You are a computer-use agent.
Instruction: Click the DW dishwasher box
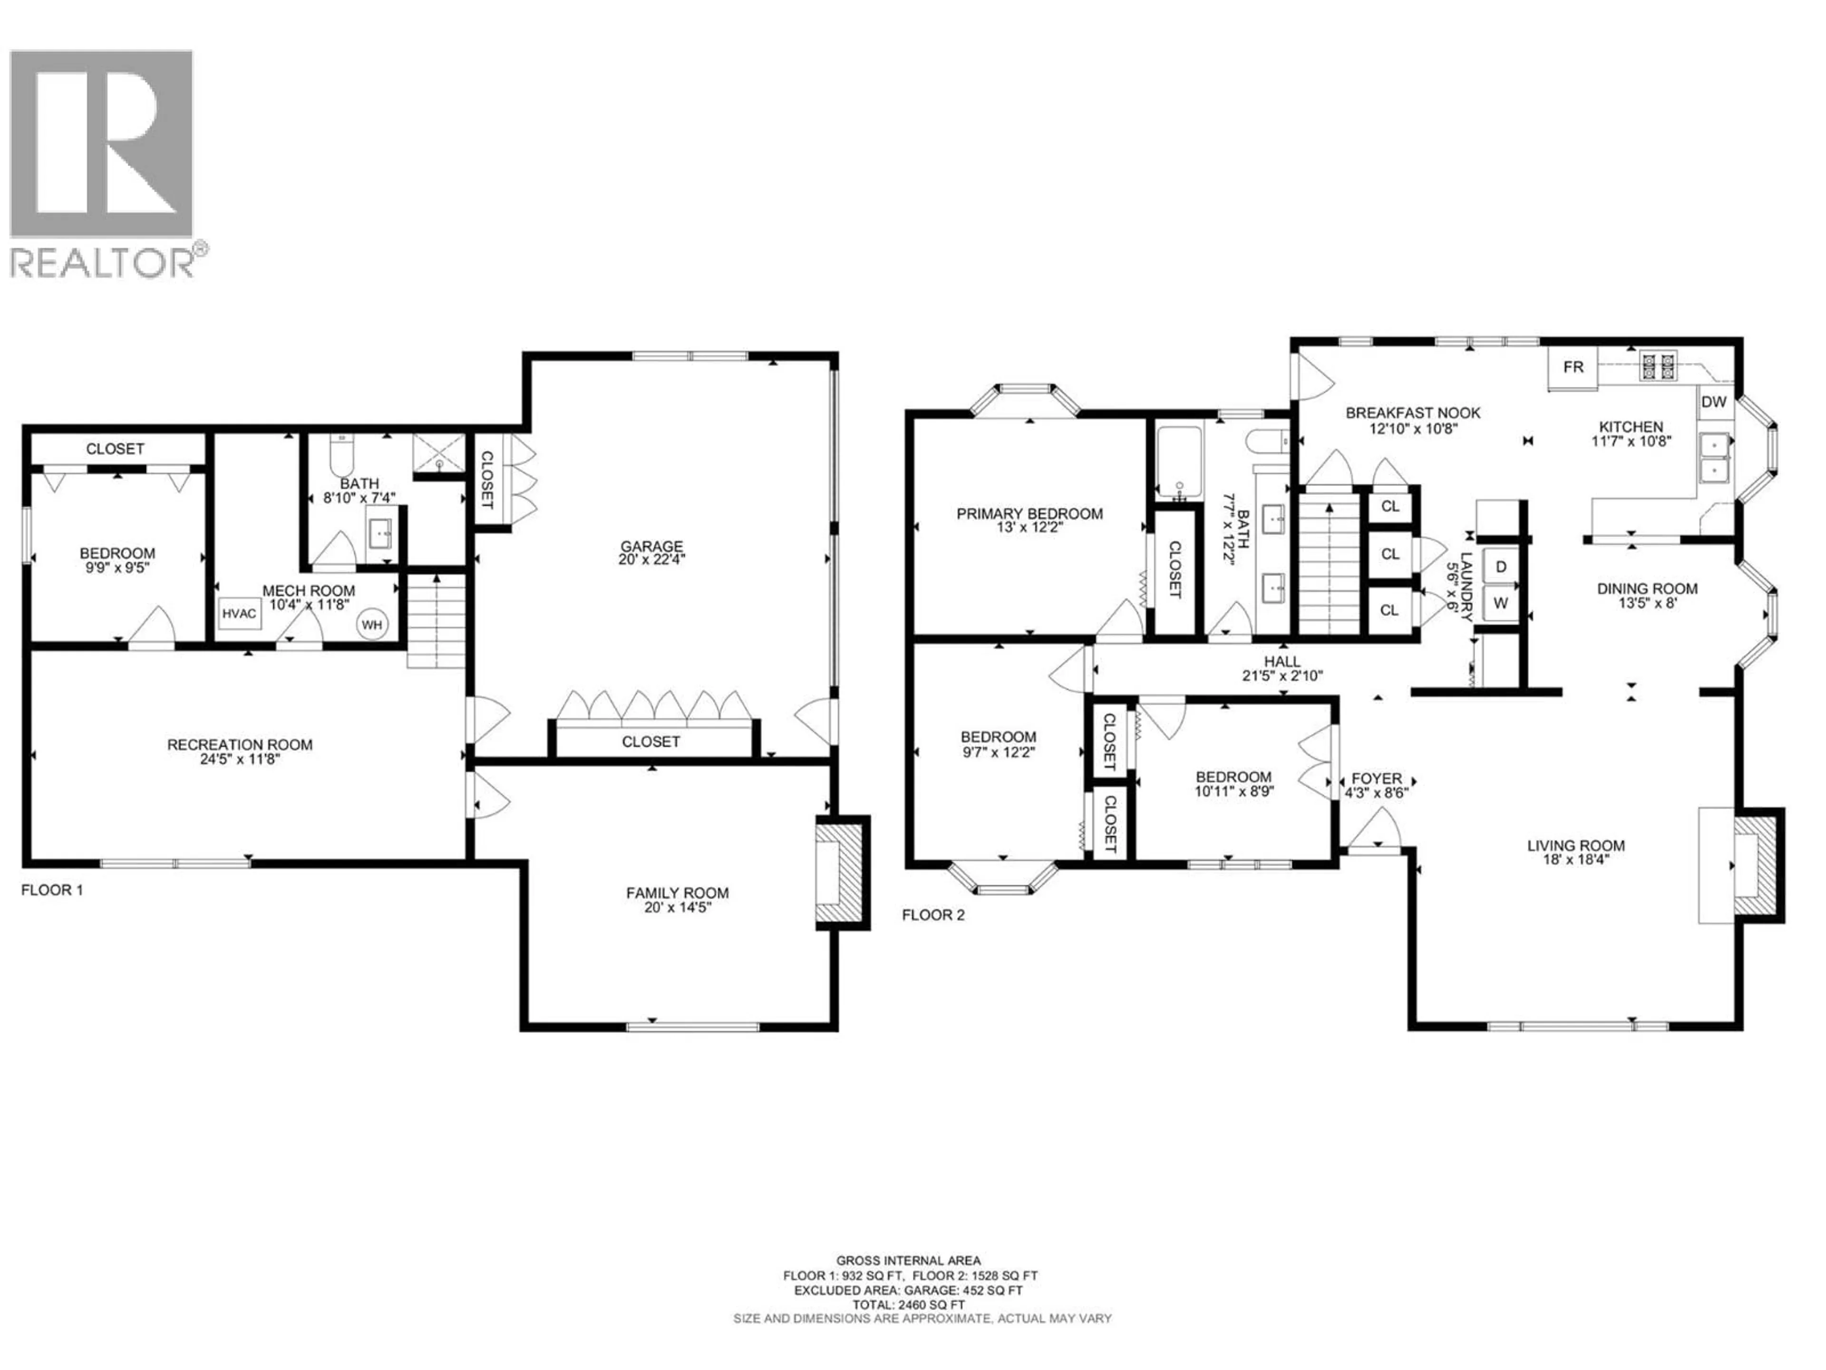tap(1714, 402)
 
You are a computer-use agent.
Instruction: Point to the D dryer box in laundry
tap(1501, 567)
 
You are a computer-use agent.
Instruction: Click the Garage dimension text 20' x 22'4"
tap(651, 559)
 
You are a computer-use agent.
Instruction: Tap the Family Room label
tap(677, 893)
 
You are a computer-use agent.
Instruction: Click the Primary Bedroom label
tap(1030, 514)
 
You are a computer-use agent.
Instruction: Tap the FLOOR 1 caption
tap(52, 890)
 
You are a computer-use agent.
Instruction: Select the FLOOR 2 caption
tap(933, 915)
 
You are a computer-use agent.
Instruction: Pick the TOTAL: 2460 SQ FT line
tap(908, 1328)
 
